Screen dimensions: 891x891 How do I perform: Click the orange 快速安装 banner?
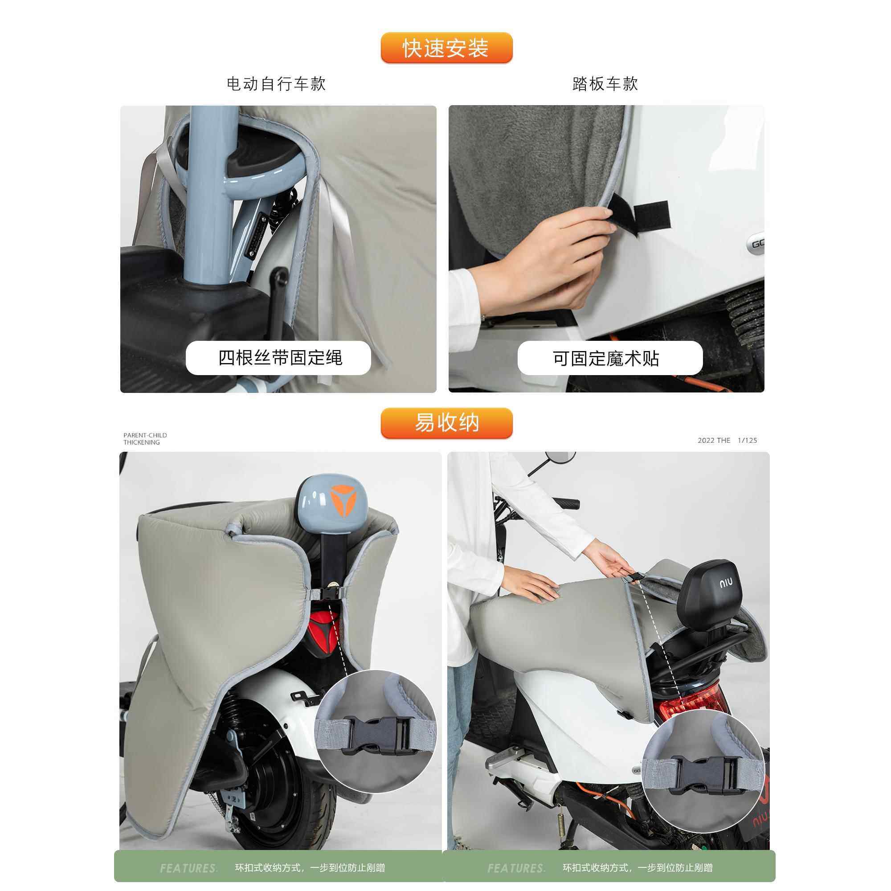[x=446, y=48]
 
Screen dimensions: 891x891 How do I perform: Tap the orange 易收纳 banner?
[x=446, y=423]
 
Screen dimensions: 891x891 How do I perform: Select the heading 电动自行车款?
[x=276, y=84]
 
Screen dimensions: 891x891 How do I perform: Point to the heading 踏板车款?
[x=605, y=84]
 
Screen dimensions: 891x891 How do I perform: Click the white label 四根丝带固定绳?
[x=278, y=358]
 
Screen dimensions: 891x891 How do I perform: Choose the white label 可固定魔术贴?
[x=610, y=358]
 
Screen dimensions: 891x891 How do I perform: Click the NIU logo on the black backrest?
[x=725, y=584]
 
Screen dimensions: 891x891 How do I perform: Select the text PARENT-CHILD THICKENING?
[x=145, y=438]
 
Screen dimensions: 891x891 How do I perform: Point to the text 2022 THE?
[x=713, y=441]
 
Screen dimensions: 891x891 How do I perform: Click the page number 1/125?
[x=747, y=441]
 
